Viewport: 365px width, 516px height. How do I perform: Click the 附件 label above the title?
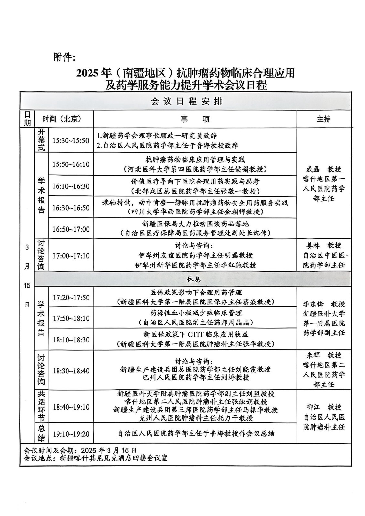tap(64, 57)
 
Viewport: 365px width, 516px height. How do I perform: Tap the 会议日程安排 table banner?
tap(186, 102)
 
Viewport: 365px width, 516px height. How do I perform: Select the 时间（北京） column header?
tap(62, 119)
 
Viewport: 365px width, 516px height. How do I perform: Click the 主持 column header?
tap(323, 119)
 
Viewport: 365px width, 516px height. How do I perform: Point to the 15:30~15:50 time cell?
tap(71, 140)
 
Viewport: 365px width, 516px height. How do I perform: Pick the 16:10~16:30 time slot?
tap(71, 186)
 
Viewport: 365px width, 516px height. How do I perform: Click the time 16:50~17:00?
tap(71, 229)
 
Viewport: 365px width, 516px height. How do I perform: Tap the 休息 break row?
tap(193, 279)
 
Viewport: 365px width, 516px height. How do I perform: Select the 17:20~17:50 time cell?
tap(71, 297)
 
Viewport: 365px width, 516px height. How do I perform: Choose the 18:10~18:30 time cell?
tap(71, 340)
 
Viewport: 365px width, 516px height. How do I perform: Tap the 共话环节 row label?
tap(41, 406)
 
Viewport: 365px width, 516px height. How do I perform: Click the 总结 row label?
tap(41, 433)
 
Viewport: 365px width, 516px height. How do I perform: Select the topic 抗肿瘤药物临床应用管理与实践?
tap(195, 159)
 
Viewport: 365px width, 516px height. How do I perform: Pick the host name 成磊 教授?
tap(323, 169)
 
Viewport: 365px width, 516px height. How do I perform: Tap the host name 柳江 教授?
tap(323, 407)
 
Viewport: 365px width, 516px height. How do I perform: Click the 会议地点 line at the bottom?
tap(96, 458)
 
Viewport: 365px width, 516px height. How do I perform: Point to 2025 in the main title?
tap(87, 73)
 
